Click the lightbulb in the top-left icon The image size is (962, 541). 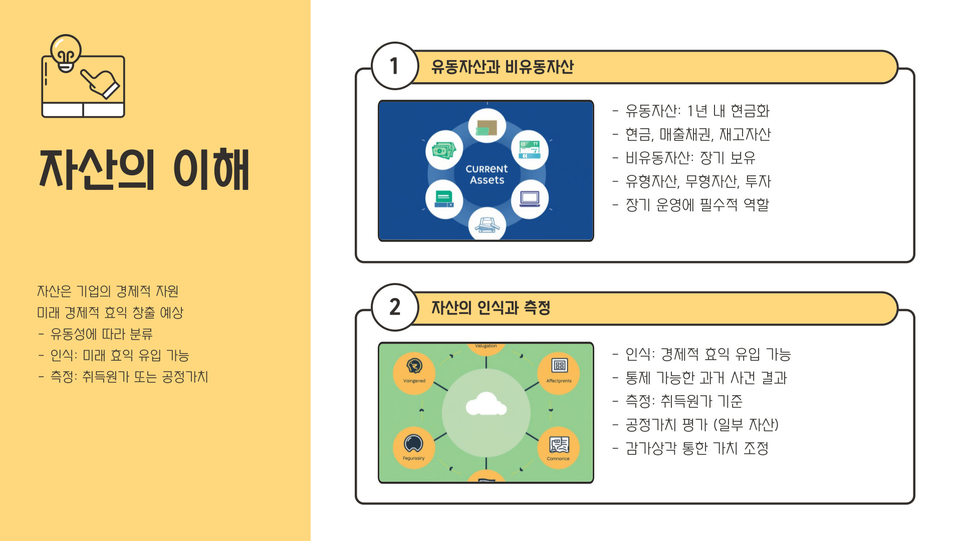(x=66, y=52)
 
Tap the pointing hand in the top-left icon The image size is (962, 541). (x=101, y=83)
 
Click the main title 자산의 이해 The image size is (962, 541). (x=144, y=170)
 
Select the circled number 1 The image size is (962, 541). (x=395, y=66)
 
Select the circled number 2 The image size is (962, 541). (x=395, y=307)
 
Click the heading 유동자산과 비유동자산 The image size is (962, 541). (x=502, y=67)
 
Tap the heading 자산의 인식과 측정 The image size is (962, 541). (x=491, y=308)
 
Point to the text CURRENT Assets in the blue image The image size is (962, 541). (x=487, y=174)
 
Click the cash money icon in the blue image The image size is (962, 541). (x=444, y=150)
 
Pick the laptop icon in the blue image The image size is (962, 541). (x=530, y=199)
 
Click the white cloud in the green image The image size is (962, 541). (x=486, y=405)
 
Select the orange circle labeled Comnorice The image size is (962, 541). (x=559, y=447)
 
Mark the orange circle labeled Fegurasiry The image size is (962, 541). (x=414, y=447)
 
